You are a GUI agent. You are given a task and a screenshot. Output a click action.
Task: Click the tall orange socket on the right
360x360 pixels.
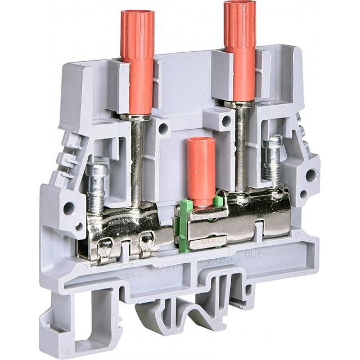tap(240, 51)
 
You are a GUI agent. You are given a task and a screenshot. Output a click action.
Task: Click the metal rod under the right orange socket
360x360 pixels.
tap(241, 146)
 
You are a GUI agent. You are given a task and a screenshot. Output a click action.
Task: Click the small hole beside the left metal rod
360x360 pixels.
tap(163, 128)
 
